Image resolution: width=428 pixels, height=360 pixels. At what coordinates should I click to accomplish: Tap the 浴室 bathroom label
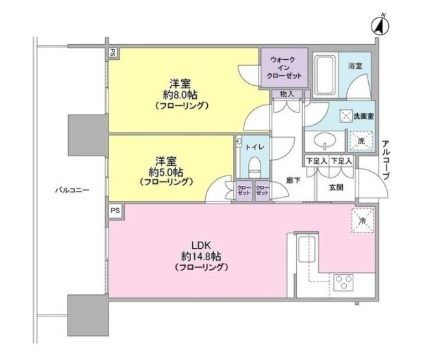[x=354, y=66]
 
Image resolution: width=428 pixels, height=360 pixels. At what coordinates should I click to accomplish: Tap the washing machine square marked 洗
[x=359, y=138]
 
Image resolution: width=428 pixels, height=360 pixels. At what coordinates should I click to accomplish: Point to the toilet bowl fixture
[x=255, y=164]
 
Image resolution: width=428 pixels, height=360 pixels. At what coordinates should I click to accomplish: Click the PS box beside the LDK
[x=114, y=211]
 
